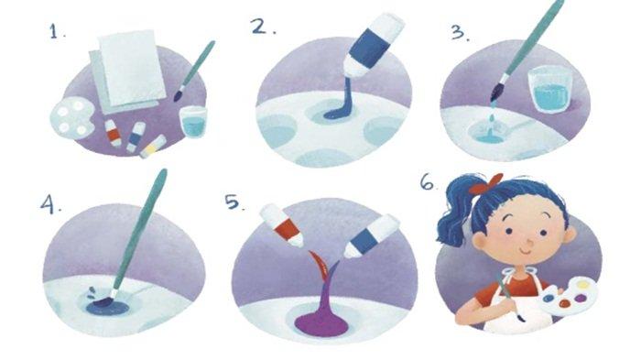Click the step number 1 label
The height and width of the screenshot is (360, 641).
click(56, 31)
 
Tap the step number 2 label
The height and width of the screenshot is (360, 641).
click(263, 27)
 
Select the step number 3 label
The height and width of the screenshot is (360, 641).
click(460, 32)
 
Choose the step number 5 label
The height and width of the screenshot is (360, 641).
click(235, 202)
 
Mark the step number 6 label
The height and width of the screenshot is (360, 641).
click(429, 182)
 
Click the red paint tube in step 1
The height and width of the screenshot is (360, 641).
click(113, 133)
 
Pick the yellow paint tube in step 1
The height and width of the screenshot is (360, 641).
click(153, 147)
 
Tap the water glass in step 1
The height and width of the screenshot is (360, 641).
click(193, 122)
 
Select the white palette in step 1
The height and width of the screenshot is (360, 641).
click(71, 119)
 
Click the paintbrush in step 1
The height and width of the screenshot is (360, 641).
click(194, 71)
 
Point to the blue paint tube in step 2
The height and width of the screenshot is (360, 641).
click(373, 46)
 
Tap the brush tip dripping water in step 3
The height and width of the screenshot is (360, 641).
click(496, 93)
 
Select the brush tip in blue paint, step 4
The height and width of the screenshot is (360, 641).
click(103, 301)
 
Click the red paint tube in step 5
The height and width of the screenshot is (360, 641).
click(282, 225)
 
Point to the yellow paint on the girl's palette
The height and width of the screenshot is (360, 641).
click(583, 284)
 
